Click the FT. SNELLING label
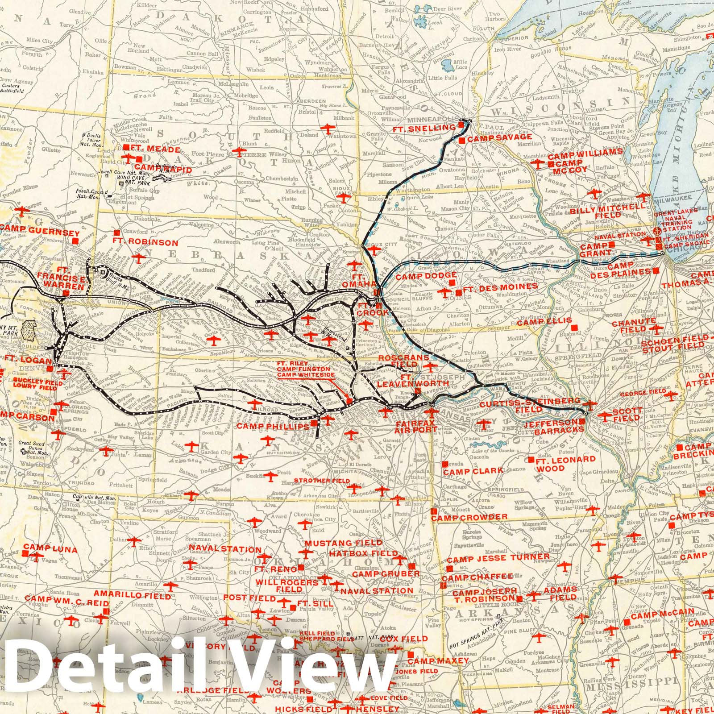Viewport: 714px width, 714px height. [x=425, y=129]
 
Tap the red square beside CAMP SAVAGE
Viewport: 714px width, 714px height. [x=462, y=140]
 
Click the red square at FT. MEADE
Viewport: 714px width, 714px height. [x=127, y=147]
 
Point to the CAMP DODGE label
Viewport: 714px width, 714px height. [x=422, y=277]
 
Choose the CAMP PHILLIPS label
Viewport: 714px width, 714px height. [x=273, y=427]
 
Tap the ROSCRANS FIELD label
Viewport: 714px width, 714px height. [x=403, y=361]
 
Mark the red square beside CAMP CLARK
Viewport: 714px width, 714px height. [x=445, y=465]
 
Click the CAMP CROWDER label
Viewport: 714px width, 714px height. [x=469, y=517]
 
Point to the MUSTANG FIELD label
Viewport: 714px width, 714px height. [x=344, y=543]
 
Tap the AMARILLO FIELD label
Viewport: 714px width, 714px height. [x=133, y=596]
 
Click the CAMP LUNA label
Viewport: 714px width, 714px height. [x=50, y=548]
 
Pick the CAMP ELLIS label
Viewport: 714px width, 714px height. [x=539, y=321]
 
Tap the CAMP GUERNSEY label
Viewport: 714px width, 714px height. [x=40, y=233]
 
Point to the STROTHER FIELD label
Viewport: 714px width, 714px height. [x=321, y=481]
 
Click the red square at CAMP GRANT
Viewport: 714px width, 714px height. [x=611, y=245]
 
